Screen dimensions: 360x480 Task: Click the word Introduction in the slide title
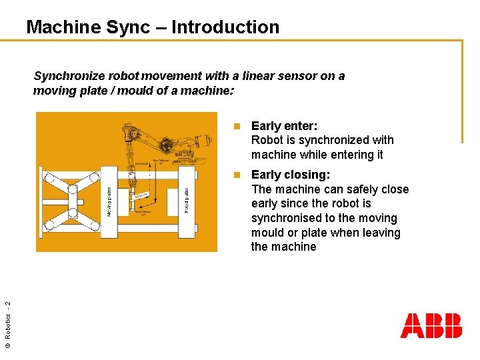click(x=225, y=27)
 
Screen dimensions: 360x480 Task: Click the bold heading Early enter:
click(x=284, y=126)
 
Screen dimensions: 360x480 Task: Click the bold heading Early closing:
click(x=291, y=175)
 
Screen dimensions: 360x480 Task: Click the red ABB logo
click(x=431, y=326)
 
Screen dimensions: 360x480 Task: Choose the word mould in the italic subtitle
click(x=128, y=91)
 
